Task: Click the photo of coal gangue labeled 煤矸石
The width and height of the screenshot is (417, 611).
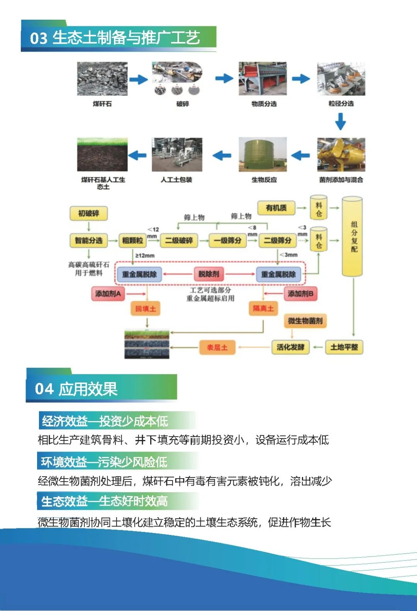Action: point(102,79)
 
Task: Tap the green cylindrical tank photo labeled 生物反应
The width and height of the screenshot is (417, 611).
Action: point(263,155)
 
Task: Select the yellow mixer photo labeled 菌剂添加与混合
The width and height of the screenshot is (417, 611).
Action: point(341,155)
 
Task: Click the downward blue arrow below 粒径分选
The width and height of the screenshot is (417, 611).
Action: point(340,121)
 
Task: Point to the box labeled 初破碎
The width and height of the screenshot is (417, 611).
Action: point(88,213)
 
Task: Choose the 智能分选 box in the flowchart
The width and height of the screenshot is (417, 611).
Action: point(88,240)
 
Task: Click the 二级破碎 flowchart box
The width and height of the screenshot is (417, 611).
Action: point(179,240)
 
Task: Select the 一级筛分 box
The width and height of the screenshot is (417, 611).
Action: point(228,240)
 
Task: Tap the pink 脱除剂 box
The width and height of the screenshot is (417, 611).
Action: point(208,274)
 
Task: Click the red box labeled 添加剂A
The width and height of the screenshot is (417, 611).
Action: point(108,294)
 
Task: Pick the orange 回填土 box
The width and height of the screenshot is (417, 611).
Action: point(146,309)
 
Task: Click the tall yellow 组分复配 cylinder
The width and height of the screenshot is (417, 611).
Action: point(352,237)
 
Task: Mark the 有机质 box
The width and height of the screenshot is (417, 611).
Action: point(276,208)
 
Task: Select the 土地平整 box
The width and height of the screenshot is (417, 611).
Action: point(344,347)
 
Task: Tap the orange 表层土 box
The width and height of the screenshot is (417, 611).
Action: point(217,347)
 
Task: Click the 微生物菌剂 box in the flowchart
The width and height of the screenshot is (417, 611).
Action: point(305,321)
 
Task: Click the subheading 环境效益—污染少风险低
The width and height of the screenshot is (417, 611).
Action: point(104,462)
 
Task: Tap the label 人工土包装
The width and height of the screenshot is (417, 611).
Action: point(176,180)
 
